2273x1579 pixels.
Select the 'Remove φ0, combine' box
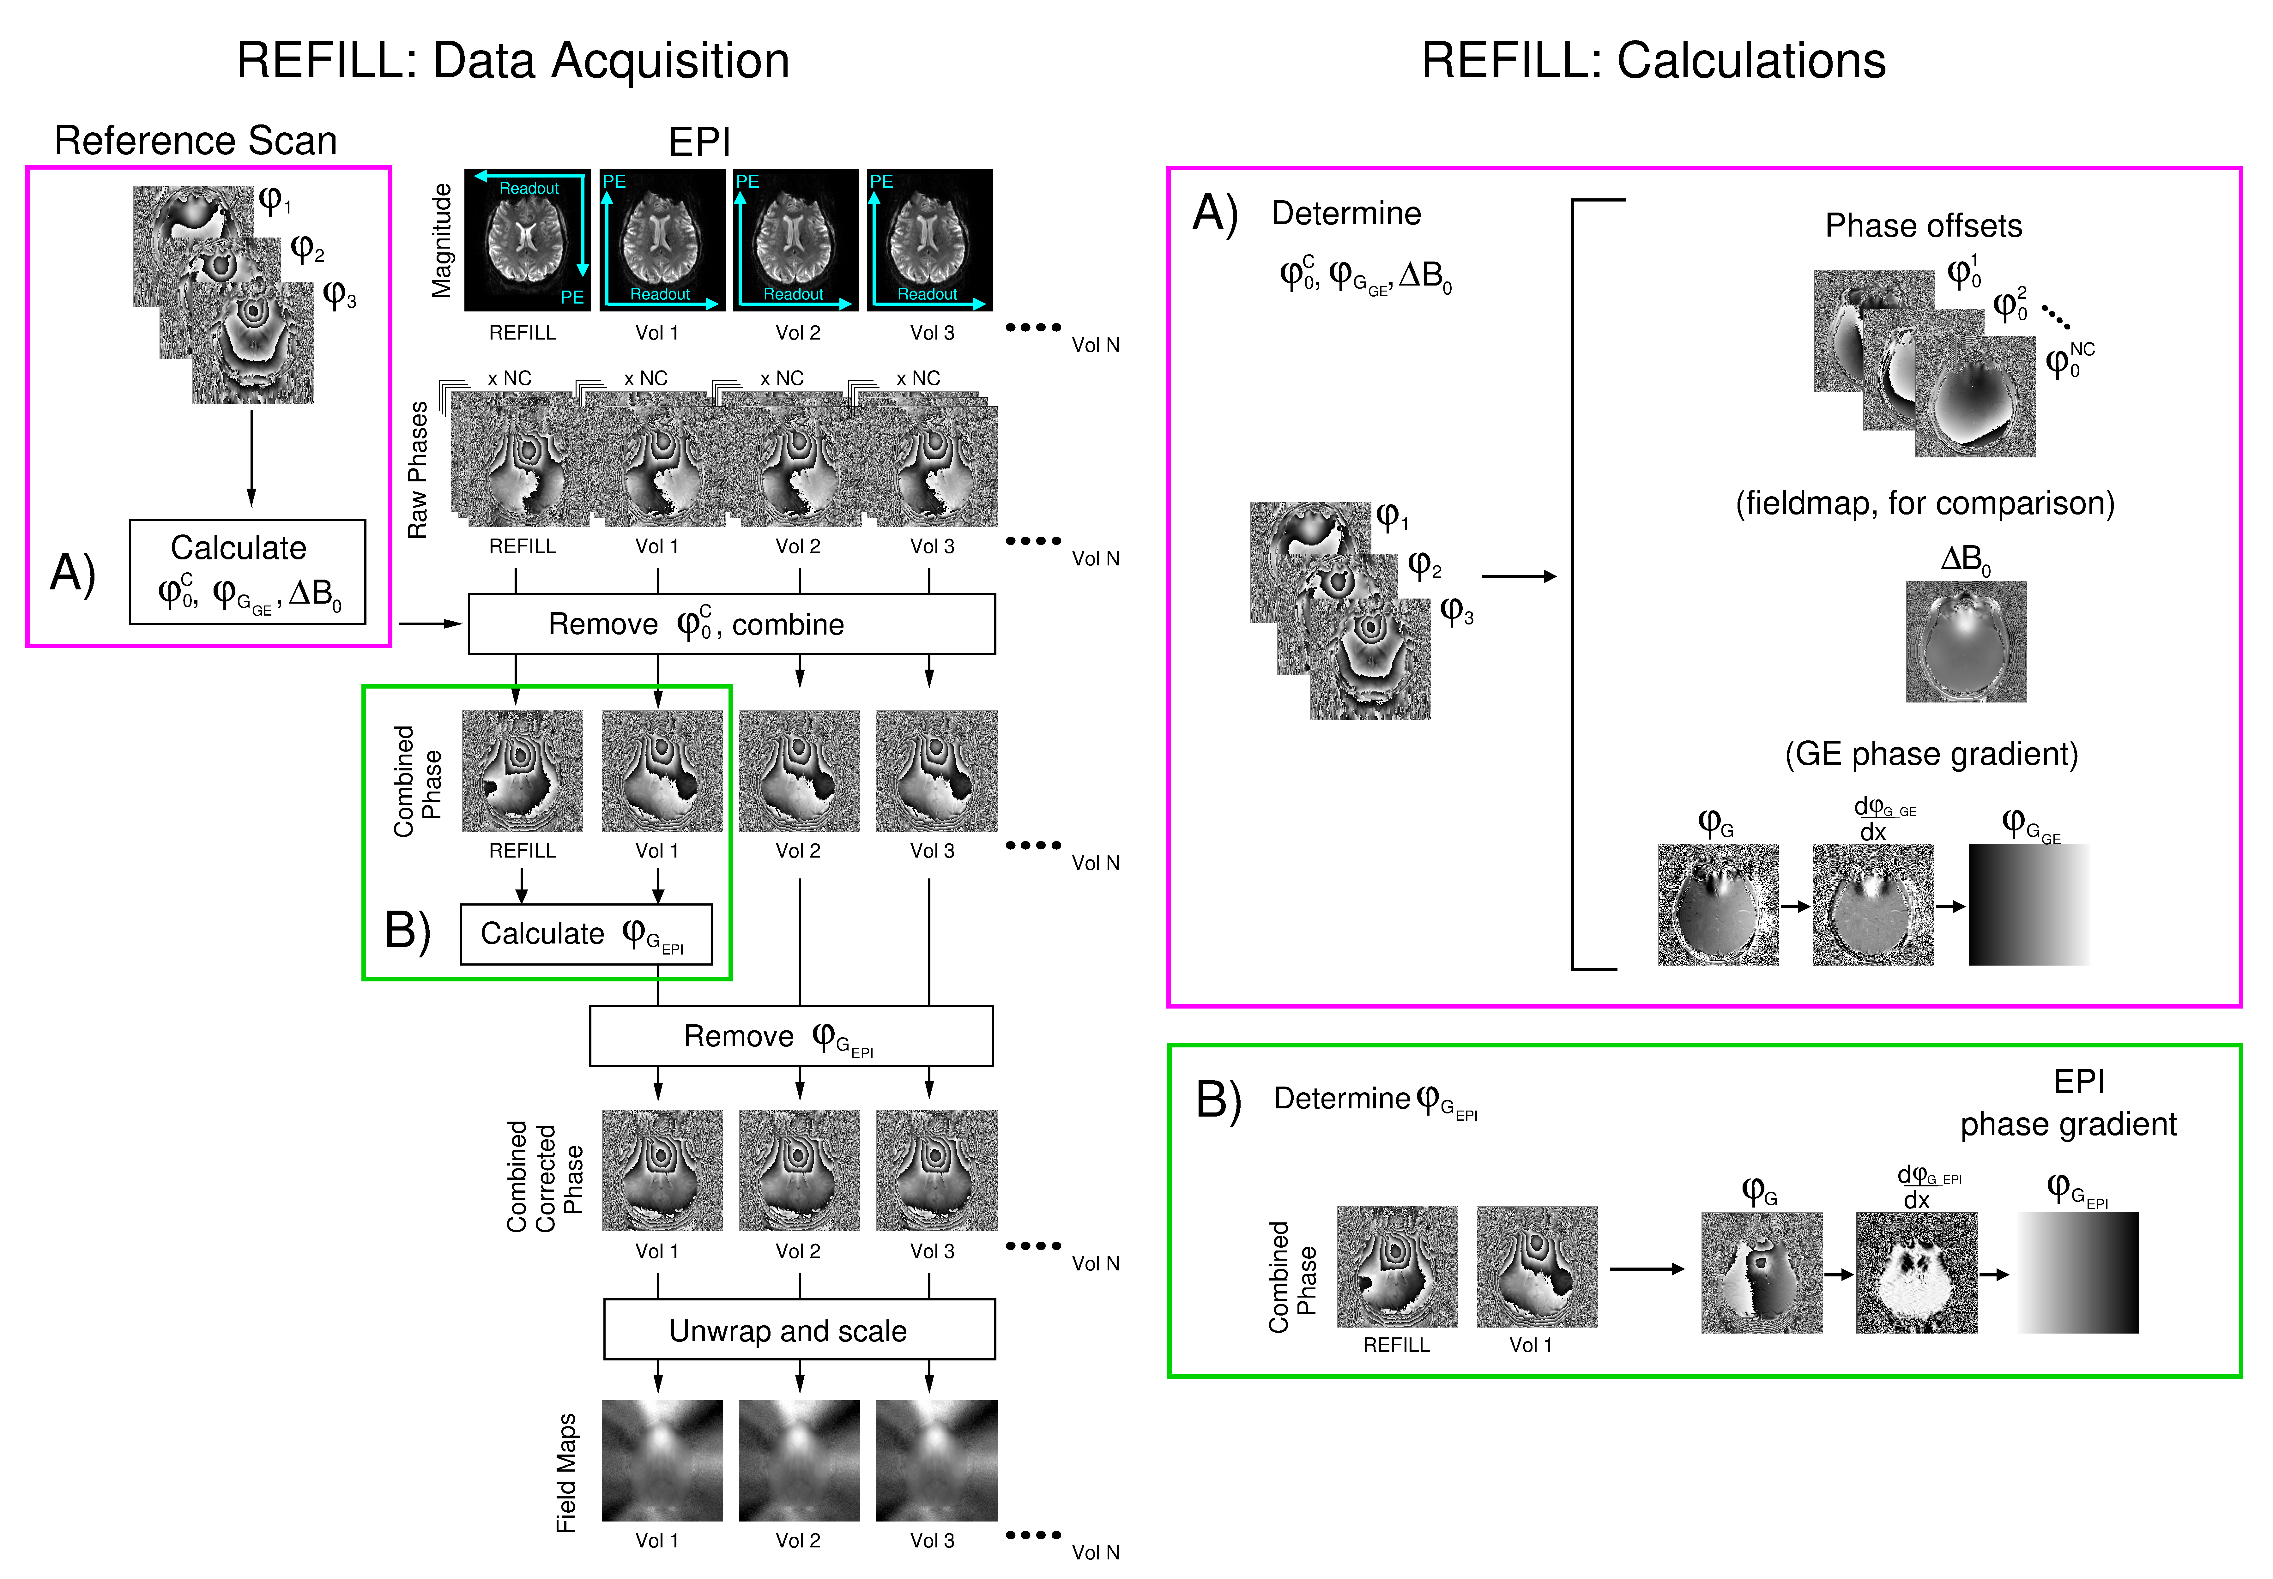click(x=731, y=623)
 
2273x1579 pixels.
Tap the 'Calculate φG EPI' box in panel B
click(x=586, y=933)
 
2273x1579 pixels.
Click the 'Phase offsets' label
click(x=1923, y=226)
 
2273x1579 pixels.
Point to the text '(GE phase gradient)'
click(x=1931, y=754)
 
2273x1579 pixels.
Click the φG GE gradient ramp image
click(x=2028, y=904)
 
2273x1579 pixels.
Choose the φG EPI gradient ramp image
click(x=2077, y=1272)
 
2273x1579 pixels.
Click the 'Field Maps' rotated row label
click(x=566, y=1473)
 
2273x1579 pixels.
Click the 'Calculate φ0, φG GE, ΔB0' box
click(x=247, y=572)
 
